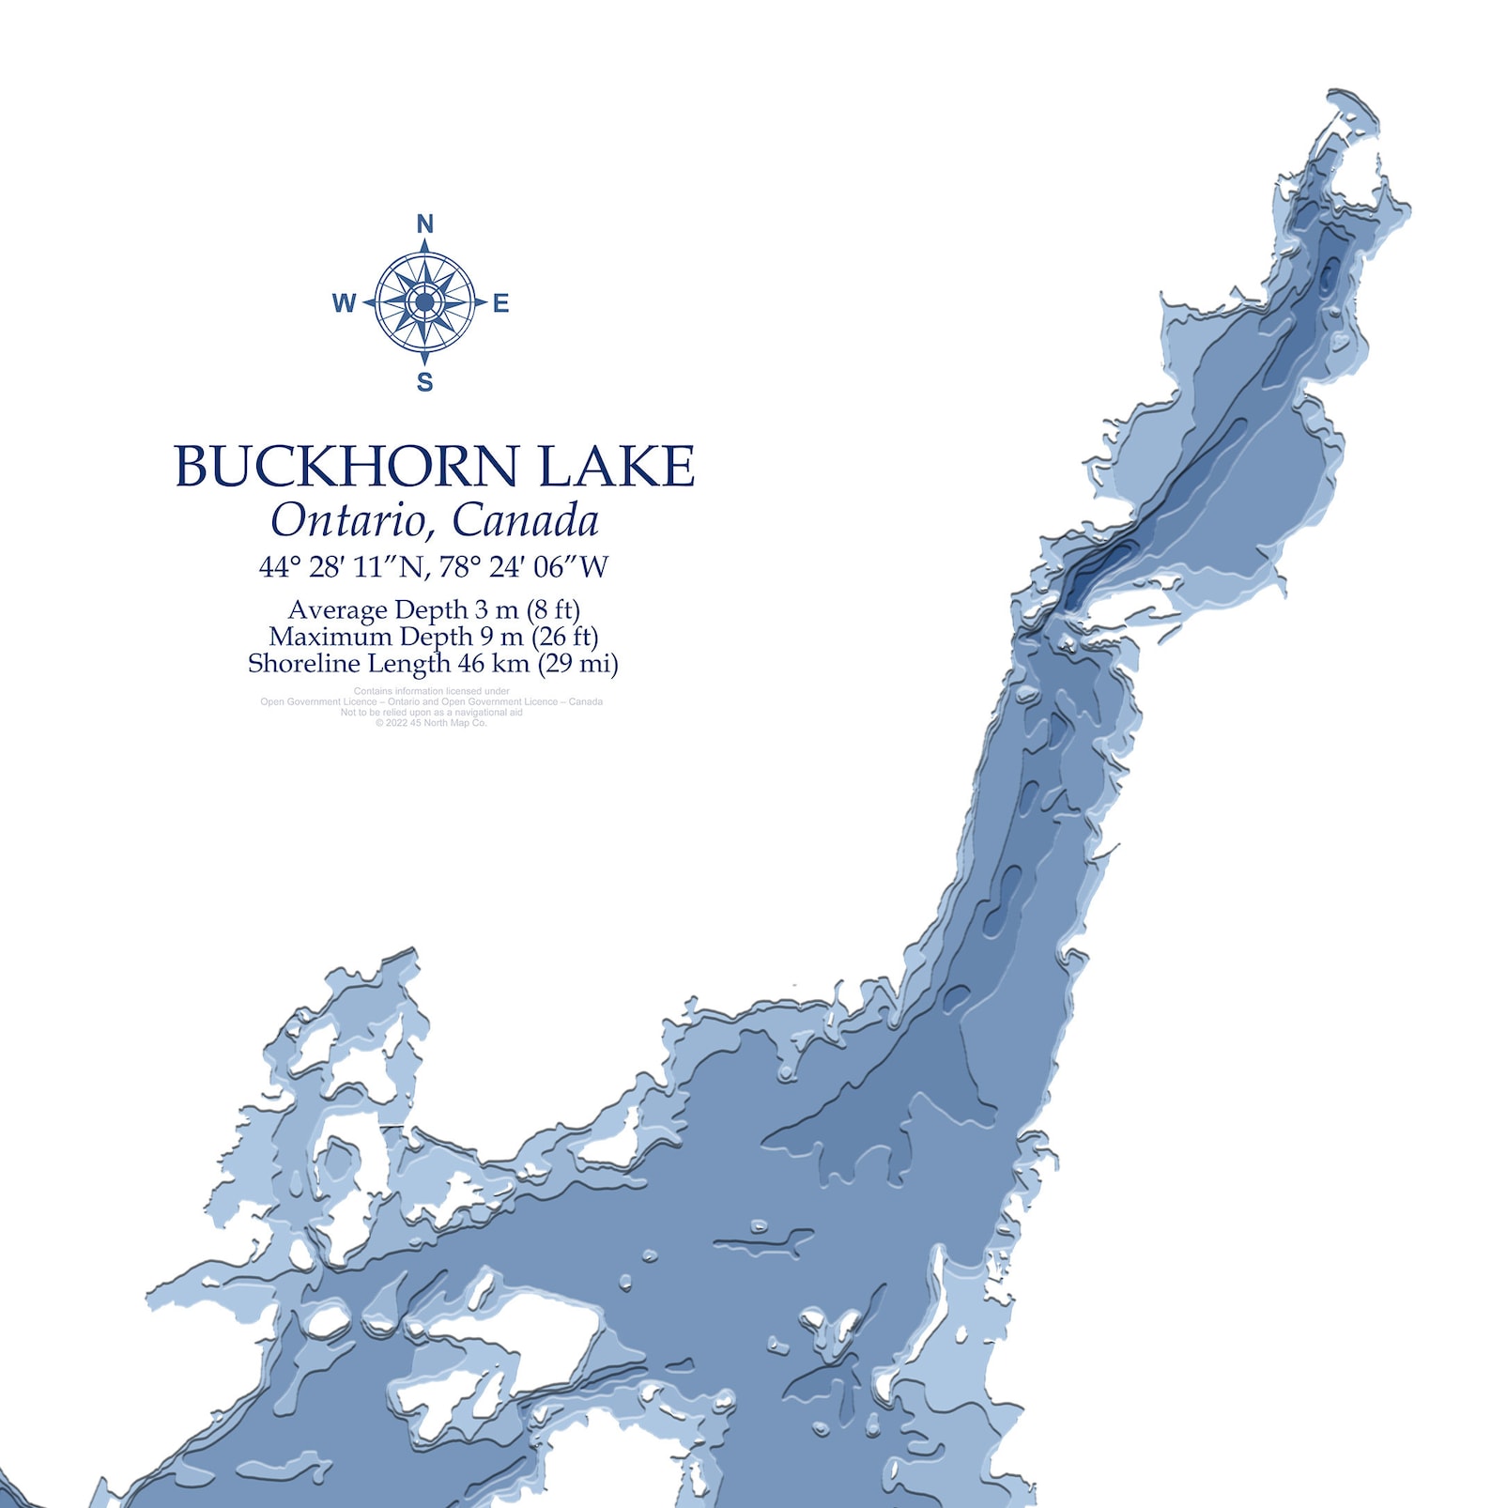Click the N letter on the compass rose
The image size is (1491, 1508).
tap(424, 224)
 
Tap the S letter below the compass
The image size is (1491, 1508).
tap(424, 382)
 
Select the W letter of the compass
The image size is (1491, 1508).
tap(344, 303)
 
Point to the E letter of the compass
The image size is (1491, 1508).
tap(501, 303)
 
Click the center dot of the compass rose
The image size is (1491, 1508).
tap(424, 302)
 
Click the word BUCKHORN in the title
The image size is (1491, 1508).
tap(346, 466)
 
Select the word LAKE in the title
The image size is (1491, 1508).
tap(617, 466)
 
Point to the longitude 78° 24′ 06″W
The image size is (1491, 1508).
tap(524, 567)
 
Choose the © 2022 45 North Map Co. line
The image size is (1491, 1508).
tap(431, 723)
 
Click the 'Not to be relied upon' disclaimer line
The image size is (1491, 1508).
tap(431, 713)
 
